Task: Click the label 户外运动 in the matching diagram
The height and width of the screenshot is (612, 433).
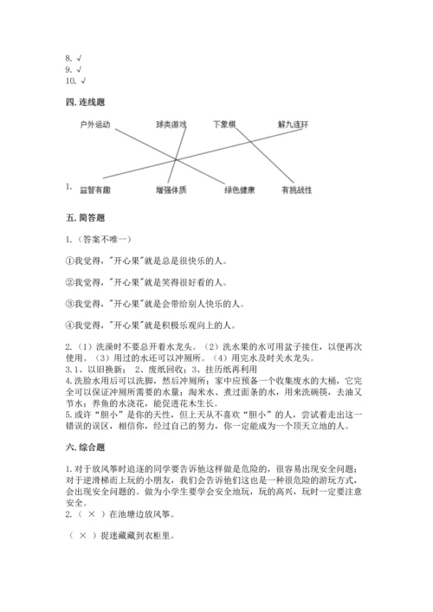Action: click(x=95, y=125)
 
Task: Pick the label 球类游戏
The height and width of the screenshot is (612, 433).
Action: click(x=171, y=125)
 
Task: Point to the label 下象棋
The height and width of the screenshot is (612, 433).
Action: click(x=226, y=125)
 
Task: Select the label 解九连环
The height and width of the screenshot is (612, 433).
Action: click(x=294, y=125)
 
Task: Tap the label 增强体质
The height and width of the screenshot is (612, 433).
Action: click(x=171, y=190)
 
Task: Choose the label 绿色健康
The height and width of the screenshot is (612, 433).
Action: click(x=239, y=190)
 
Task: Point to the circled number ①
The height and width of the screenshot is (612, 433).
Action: click(x=70, y=259)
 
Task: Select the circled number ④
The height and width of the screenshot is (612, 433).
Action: click(x=70, y=325)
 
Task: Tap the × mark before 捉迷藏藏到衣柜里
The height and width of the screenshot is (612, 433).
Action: click(x=82, y=535)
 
